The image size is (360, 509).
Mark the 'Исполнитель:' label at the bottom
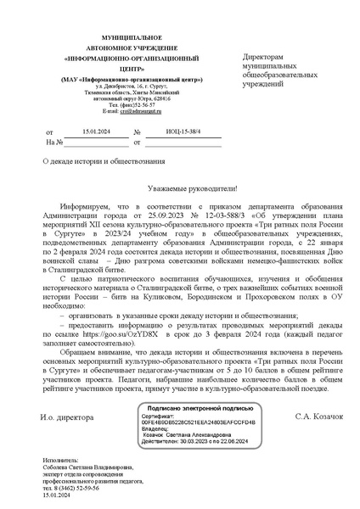click(62, 459)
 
